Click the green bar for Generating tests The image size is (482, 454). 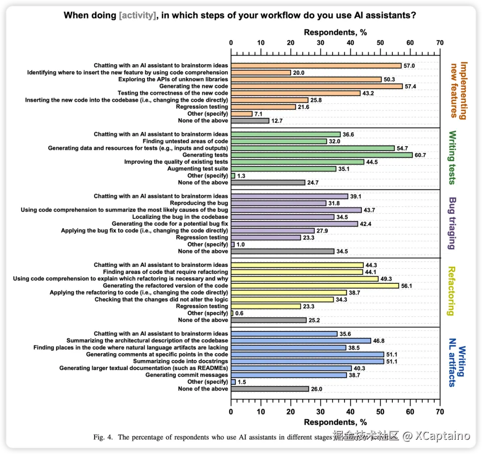pyautogui.click(x=321, y=155)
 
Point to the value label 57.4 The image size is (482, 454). pyautogui.click(x=411, y=86)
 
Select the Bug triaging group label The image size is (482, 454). pyautogui.click(x=452, y=223)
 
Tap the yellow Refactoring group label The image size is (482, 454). pyautogui.click(x=452, y=291)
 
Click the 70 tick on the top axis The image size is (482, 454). pyautogui.click(x=440, y=43)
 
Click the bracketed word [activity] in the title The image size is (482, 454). pyautogui.click(x=137, y=16)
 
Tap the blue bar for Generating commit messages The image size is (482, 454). pyautogui.click(x=288, y=375)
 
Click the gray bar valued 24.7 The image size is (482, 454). pyautogui.click(x=268, y=183)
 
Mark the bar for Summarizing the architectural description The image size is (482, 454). pyautogui.click(x=300, y=341)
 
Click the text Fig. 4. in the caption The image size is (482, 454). pyautogui.click(x=104, y=437)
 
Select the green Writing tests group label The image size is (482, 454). pyautogui.click(x=452, y=157)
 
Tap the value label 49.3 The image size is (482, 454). pyautogui.click(x=386, y=279)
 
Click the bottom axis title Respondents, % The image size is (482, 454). pyautogui.click(x=335, y=421)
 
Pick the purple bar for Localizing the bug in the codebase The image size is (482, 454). pyautogui.click(x=282, y=217)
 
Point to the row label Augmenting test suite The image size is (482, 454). pyautogui.click(x=197, y=169)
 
